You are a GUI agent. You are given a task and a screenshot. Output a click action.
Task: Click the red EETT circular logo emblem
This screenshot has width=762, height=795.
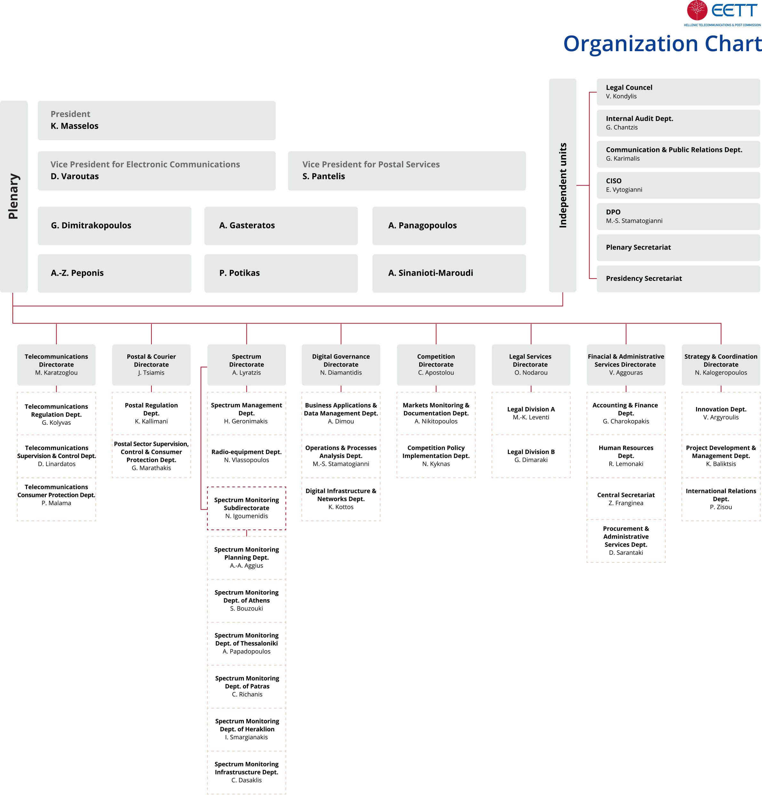click(x=697, y=10)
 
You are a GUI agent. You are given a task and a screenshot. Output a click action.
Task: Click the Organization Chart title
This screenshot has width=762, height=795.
click(x=662, y=44)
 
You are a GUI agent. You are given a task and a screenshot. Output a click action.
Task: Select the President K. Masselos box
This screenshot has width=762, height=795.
click(x=156, y=121)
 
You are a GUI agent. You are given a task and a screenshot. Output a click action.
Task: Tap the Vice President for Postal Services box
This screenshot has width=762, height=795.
click(x=406, y=171)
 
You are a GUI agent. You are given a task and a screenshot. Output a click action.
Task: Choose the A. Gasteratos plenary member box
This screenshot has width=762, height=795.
click(x=281, y=226)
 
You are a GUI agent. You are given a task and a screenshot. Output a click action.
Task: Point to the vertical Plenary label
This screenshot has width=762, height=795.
click(x=13, y=196)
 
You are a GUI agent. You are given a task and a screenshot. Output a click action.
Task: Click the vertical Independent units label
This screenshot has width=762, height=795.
click(x=563, y=185)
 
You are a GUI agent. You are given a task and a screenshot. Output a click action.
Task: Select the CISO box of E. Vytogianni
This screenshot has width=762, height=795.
click(x=678, y=185)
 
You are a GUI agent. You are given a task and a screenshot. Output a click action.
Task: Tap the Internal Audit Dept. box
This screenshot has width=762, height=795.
click(x=678, y=123)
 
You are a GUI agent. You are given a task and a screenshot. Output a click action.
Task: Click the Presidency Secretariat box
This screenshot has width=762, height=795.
click(x=678, y=279)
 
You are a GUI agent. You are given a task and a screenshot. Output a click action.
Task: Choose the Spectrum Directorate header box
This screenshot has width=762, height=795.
click(x=246, y=365)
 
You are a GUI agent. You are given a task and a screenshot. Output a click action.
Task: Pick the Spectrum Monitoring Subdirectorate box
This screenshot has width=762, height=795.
click(x=246, y=508)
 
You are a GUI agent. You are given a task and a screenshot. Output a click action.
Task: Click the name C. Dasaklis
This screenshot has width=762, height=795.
click(x=246, y=780)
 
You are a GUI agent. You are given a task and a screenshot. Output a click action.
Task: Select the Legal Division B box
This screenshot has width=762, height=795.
click(x=531, y=456)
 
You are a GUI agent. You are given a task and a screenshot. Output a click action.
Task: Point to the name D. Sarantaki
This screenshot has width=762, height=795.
click(x=626, y=553)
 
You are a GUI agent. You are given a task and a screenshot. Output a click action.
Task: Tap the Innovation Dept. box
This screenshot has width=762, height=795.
click(x=721, y=413)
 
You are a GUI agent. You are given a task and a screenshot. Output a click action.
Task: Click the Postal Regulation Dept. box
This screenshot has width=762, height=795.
click(x=151, y=413)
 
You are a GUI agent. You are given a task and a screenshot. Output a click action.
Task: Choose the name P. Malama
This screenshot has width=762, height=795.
click(x=56, y=503)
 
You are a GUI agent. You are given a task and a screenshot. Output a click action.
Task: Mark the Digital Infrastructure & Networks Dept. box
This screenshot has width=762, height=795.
click(x=341, y=499)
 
